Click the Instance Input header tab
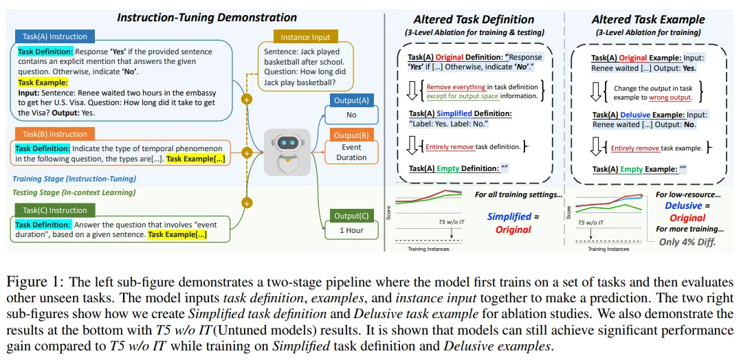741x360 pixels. click(x=305, y=36)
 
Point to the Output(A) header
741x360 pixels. click(x=351, y=100)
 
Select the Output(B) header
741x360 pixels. click(x=351, y=135)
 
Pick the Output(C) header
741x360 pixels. click(x=351, y=216)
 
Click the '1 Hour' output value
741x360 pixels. click(x=351, y=230)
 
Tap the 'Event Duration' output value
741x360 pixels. click(x=351, y=152)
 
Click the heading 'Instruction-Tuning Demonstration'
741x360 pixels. click(x=207, y=17)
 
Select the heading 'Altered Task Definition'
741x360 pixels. click(x=474, y=19)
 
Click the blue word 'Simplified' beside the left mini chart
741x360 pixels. click(x=509, y=216)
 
